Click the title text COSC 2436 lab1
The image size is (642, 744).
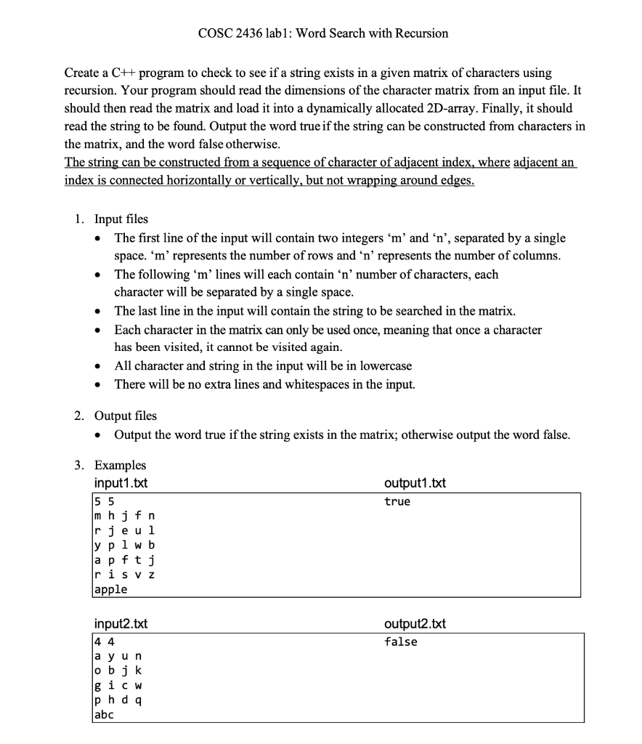click(322, 33)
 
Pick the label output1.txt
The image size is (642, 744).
click(415, 483)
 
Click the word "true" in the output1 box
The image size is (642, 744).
click(397, 501)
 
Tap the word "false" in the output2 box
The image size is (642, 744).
click(401, 642)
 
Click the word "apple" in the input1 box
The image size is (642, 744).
click(110, 589)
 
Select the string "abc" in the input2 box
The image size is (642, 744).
click(105, 715)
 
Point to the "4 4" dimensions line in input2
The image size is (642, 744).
click(102, 642)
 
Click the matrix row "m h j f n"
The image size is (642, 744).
click(125, 516)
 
